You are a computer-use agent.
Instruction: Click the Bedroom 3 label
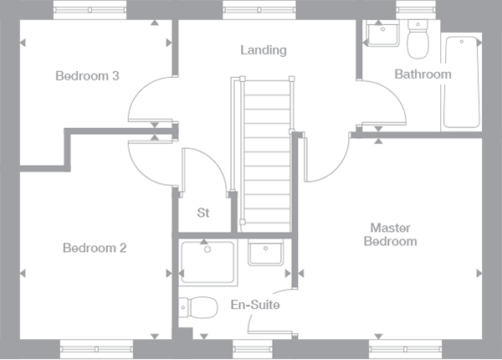click(x=87, y=76)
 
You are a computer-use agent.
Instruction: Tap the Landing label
click(x=264, y=50)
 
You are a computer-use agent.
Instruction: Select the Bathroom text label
click(x=423, y=75)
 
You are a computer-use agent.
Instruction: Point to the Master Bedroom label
click(x=390, y=234)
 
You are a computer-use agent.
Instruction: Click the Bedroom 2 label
click(x=95, y=248)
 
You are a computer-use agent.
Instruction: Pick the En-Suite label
click(x=255, y=305)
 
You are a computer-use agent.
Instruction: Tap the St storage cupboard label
click(x=203, y=213)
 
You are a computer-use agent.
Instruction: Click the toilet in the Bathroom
click(x=417, y=39)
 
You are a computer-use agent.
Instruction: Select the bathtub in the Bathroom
click(x=461, y=82)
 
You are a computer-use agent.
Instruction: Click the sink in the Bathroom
click(x=383, y=33)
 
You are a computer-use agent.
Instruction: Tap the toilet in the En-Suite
click(x=197, y=307)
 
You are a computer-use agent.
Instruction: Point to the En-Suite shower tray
click(x=207, y=262)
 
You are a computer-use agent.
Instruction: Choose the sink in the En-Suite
click(x=265, y=253)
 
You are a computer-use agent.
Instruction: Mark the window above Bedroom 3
click(x=90, y=10)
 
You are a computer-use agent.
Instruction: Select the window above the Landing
click(x=259, y=10)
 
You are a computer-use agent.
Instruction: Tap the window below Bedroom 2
click(x=96, y=349)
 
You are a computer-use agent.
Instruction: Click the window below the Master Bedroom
click(x=405, y=349)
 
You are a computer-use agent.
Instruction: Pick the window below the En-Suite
click(x=253, y=349)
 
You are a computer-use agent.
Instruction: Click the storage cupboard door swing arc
click(x=214, y=159)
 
